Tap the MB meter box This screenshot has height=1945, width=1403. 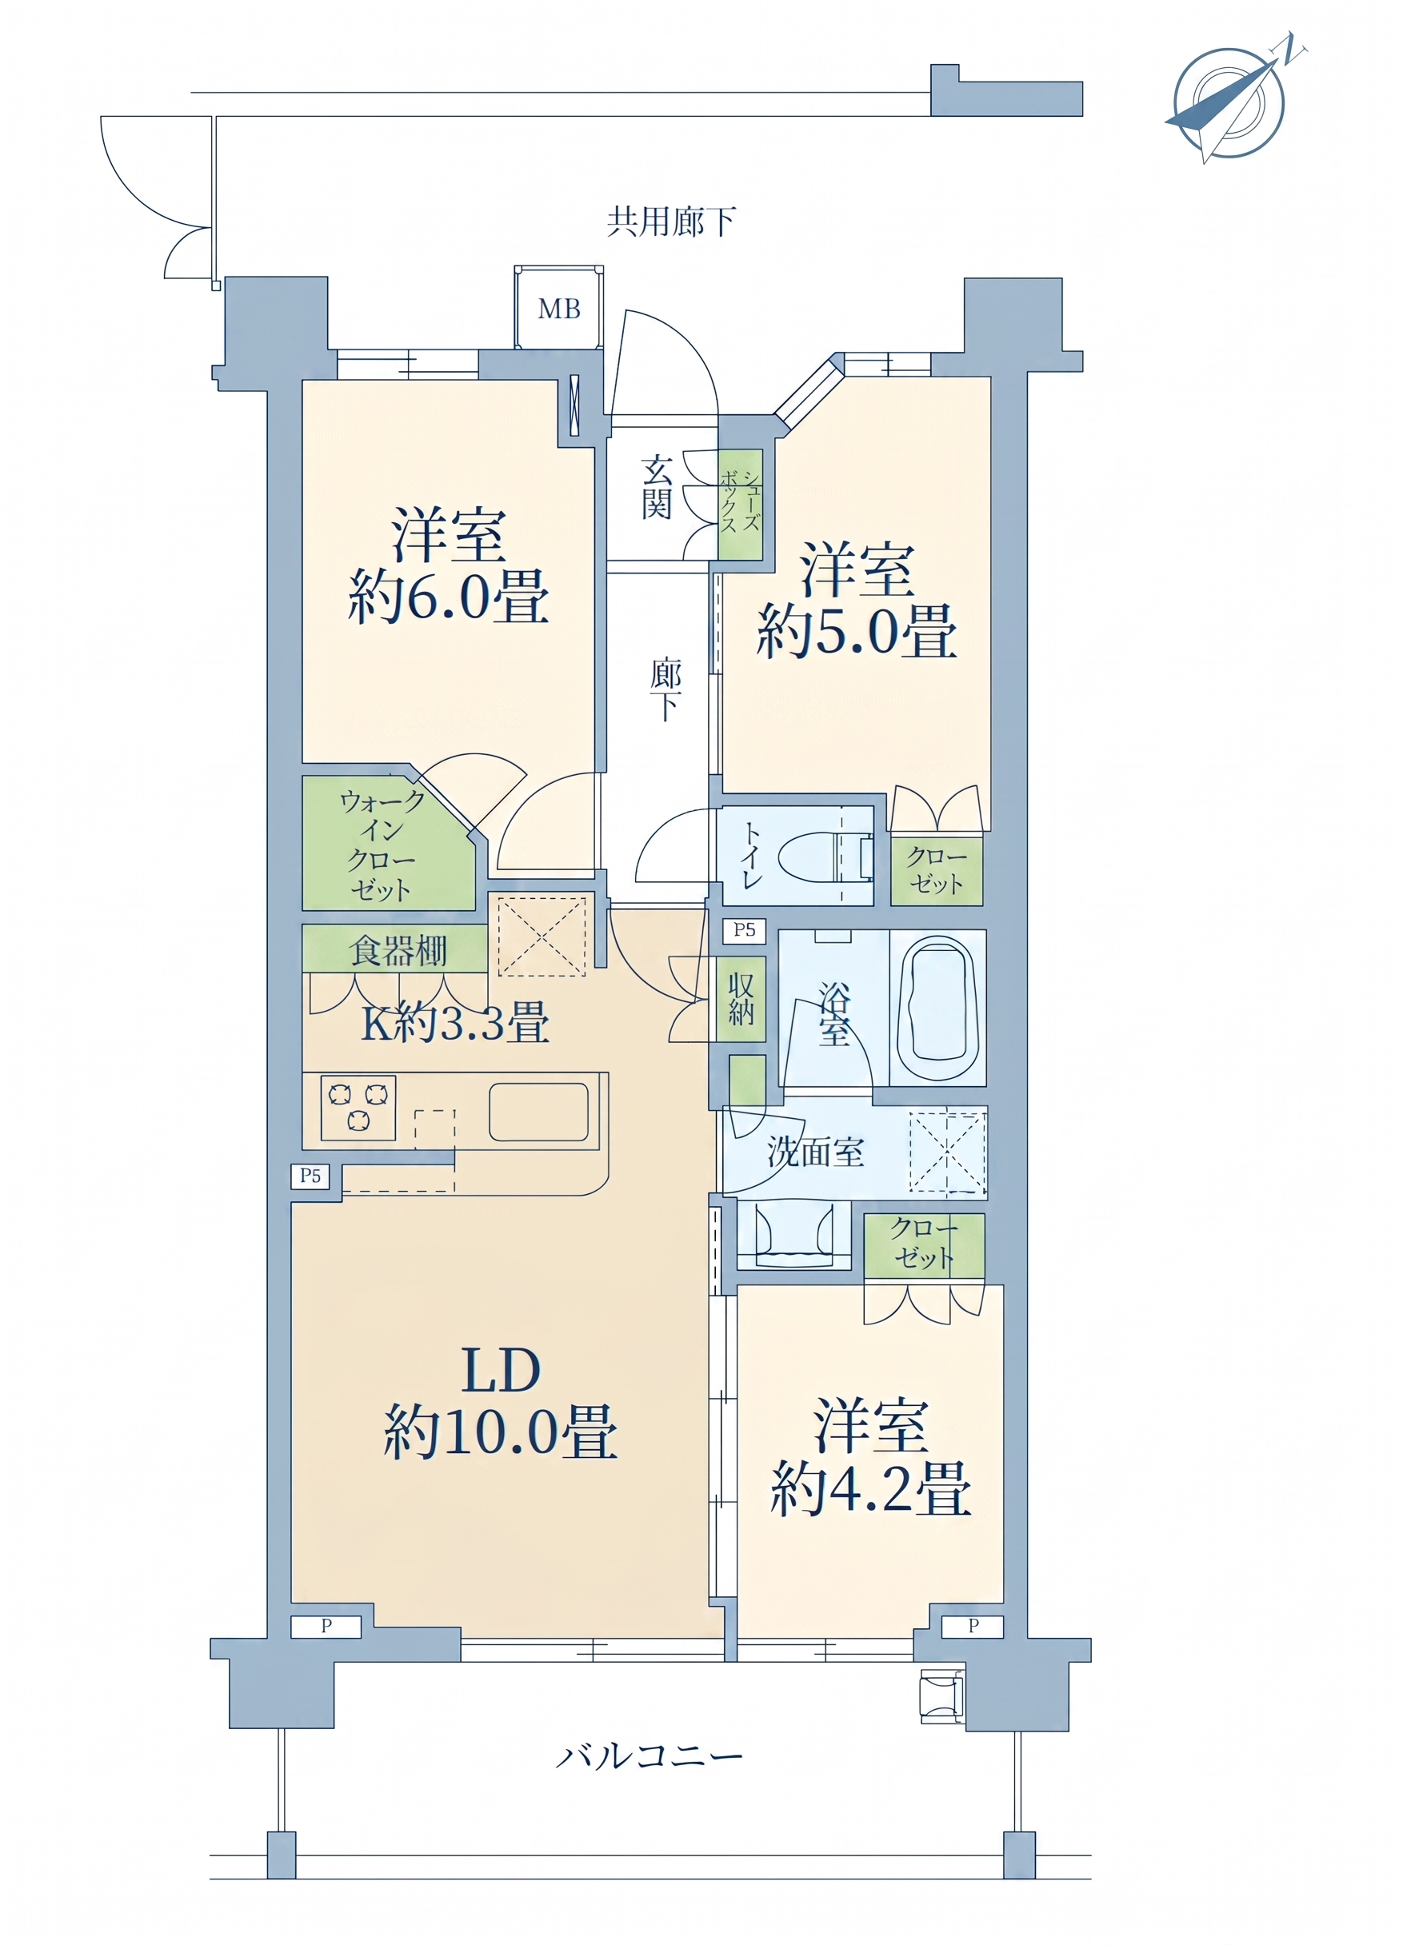click(x=558, y=307)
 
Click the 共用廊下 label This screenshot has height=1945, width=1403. click(x=670, y=222)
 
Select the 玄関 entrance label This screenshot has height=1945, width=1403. click(x=656, y=487)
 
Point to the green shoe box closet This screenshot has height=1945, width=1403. click(x=740, y=505)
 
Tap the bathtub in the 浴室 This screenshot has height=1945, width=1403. click(x=937, y=1008)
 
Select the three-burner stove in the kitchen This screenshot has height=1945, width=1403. click(x=358, y=1107)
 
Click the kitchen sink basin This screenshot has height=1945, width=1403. click(x=538, y=1112)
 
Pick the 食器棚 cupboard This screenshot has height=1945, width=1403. click(x=395, y=949)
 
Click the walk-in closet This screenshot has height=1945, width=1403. click(x=388, y=844)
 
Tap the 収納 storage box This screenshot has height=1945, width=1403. click(x=741, y=998)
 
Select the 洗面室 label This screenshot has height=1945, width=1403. click(x=815, y=1152)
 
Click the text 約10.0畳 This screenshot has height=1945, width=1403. click(x=500, y=1432)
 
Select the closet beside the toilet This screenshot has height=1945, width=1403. click(x=937, y=870)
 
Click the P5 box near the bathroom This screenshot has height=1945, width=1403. click(x=745, y=929)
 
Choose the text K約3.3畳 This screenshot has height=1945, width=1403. click(x=454, y=1022)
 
